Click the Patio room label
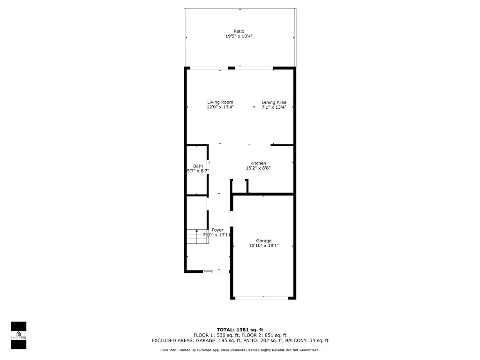click(239, 31)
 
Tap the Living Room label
click(220, 102)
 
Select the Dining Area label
click(274, 102)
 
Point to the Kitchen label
click(258, 163)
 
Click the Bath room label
click(198, 166)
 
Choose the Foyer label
click(217, 230)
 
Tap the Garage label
click(263, 241)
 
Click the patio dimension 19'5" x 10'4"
click(239, 36)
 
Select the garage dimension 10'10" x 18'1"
click(263, 246)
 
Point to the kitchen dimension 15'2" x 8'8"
click(258, 168)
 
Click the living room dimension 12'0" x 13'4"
click(220, 107)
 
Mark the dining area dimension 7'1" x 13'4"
click(274, 107)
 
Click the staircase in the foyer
click(197, 236)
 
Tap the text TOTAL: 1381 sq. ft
click(240, 330)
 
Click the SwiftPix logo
click(19, 335)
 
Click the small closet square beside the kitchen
click(240, 186)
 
